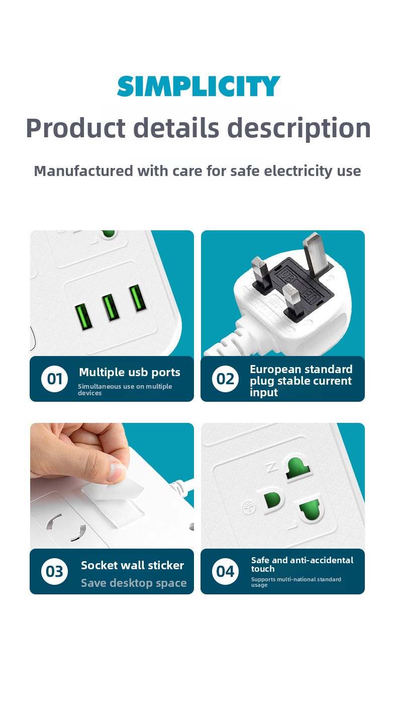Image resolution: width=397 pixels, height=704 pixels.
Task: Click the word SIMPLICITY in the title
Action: click(x=198, y=86)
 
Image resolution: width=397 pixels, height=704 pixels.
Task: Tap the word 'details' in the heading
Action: click(x=176, y=128)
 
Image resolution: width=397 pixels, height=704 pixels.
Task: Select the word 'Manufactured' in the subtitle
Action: click(x=83, y=171)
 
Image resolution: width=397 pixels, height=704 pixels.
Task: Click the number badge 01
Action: click(x=54, y=379)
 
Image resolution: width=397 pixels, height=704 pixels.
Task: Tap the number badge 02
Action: click(x=225, y=379)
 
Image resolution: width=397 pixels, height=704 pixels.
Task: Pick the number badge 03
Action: click(x=54, y=571)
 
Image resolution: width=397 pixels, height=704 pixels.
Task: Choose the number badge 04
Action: click(x=225, y=571)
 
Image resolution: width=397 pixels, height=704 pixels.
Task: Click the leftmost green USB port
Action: click(x=83, y=316)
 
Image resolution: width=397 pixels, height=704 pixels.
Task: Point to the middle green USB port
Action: click(x=110, y=307)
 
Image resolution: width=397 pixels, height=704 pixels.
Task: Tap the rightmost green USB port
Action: click(x=137, y=298)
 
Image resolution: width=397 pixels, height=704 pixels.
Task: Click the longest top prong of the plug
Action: click(x=316, y=253)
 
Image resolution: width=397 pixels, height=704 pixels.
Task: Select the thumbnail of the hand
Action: click(x=112, y=486)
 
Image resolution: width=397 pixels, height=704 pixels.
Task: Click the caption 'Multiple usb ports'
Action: click(x=130, y=373)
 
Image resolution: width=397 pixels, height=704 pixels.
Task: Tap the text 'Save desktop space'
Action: click(x=134, y=583)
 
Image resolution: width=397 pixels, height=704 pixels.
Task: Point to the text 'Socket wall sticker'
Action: click(x=132, y=565)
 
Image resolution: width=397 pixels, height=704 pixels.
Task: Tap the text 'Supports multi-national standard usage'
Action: click(x=296, y=582)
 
